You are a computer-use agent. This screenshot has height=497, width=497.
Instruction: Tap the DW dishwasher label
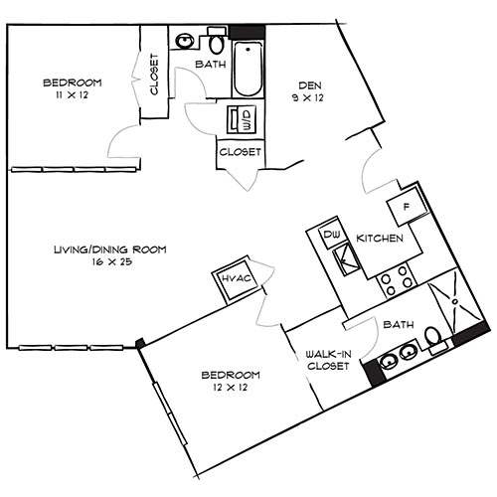pos(332,235)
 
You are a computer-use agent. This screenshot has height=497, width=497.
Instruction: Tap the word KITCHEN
pos(380,239)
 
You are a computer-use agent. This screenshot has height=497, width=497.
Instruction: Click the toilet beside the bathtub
pos(216,44)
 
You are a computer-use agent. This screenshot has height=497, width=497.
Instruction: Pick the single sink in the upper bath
pos(185,42)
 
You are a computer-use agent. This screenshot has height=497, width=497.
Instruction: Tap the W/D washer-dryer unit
pos(243,120)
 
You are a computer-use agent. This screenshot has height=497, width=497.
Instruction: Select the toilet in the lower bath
pos(434,338)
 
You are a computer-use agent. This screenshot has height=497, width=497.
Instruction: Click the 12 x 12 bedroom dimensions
pos(231,388)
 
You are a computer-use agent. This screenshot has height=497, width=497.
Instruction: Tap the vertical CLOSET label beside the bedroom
pos(155,75)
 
